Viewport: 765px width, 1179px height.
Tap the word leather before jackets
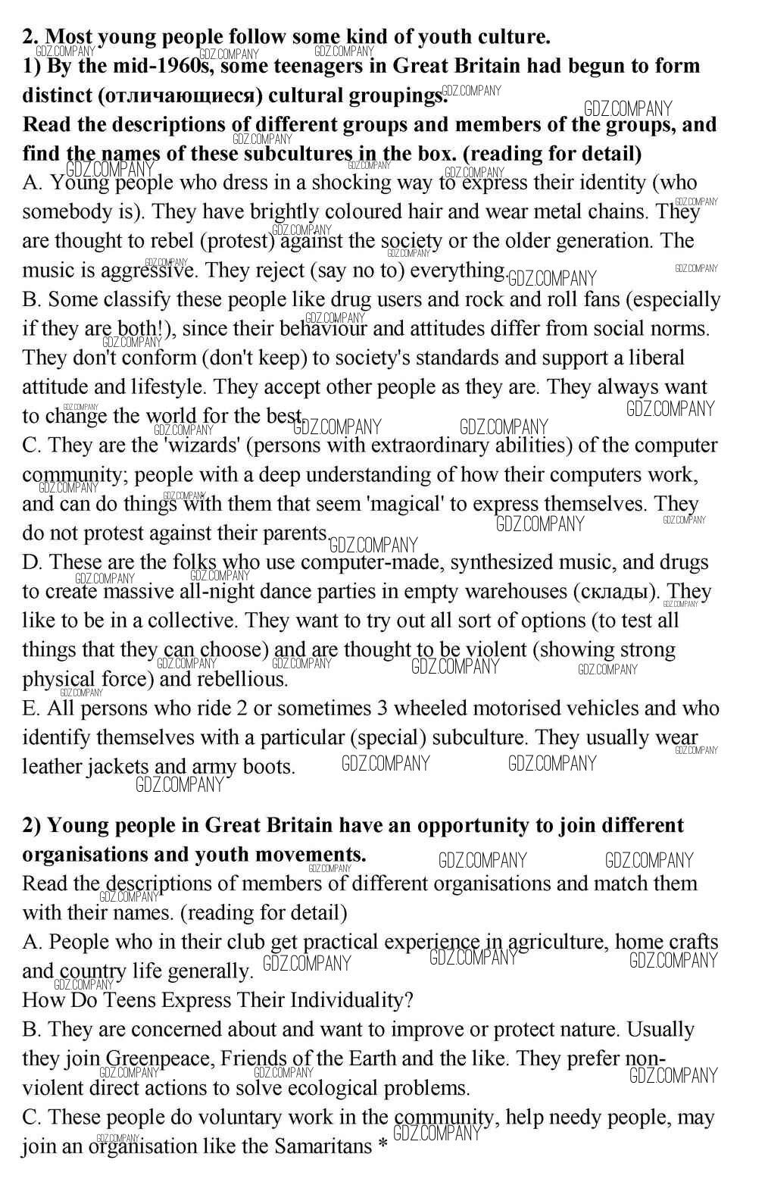[x=52, y=767]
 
